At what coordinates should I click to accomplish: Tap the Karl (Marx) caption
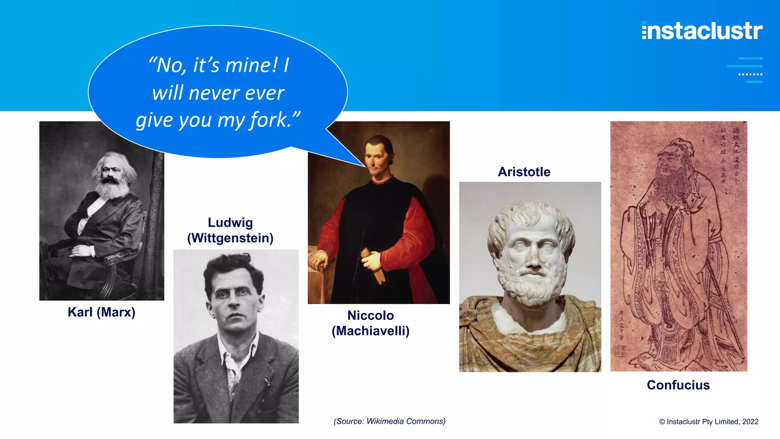[x=101, y=312]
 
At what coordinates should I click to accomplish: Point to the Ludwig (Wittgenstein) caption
[x=230, y=230]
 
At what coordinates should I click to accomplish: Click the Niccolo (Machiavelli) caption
[x=371, y=323]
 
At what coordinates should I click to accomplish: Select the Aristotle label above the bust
[x=524, y=172]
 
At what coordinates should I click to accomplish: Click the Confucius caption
[x=678, y=385]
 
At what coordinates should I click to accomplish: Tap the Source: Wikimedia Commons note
[x=390, y=421]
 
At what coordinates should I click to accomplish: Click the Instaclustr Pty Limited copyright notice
[x=709, y=421]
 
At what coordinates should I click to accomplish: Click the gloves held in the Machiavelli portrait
[x=375, y=265]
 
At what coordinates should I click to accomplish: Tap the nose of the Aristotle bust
[x=535, y=259]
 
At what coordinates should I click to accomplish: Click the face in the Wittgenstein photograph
[x=233, y=301]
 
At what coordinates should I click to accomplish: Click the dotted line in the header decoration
[x=750, y=74]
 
